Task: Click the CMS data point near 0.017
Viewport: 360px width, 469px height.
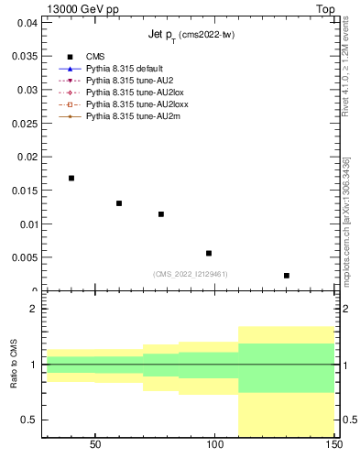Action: click(x=71, y=178)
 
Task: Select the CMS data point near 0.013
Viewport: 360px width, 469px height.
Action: click(x=119, y=203)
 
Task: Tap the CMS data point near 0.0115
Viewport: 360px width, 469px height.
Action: click(x=161, y=214)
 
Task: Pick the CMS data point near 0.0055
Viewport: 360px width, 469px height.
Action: click(x=209, y=254)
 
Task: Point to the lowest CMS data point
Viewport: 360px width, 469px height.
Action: click(x=287, y=276)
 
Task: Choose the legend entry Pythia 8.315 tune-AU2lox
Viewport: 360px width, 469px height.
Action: click(x=127, y=93)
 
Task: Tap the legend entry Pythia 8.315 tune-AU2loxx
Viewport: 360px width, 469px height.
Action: click(x=129, y=104)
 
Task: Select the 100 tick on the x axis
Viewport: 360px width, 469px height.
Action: click(x=215, y=444)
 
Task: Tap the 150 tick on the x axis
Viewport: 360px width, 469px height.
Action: click(x=334, y=444)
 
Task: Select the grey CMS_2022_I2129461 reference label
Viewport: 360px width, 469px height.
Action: click(x=190, y=274)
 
